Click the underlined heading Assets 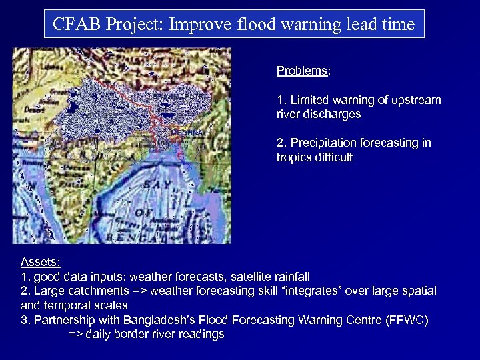coord(41,262)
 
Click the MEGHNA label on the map coord(187,133)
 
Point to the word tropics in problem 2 coord(293,157)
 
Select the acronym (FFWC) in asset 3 coord(407,320)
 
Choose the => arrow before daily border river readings coord(77,335)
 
